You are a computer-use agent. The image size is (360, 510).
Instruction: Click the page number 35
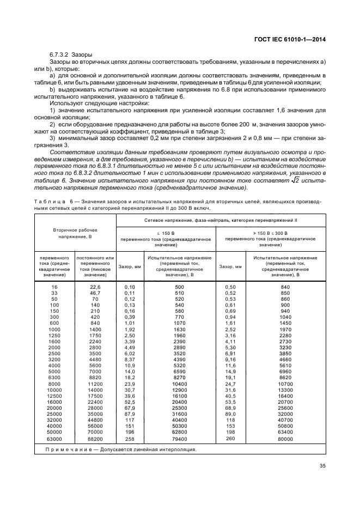322,465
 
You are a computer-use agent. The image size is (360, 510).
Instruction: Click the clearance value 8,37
129,360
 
